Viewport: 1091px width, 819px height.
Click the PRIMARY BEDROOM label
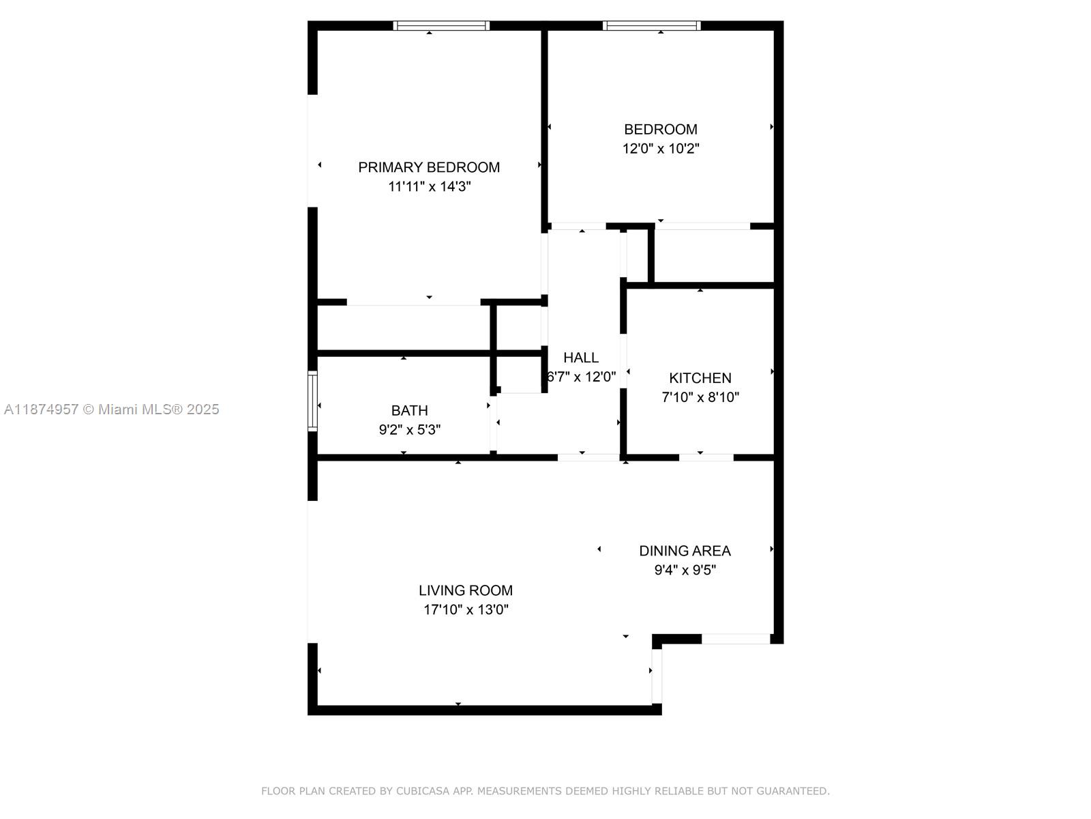coord(429,167)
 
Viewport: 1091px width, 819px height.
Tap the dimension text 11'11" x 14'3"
coord(429,186)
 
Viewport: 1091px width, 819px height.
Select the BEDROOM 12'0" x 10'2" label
coord(660,139)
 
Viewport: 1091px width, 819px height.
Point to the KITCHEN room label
coord(700,378)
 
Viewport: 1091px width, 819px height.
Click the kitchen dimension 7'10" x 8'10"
coord(700,397)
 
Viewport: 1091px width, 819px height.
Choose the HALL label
coord(581,358)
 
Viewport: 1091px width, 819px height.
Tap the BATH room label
coord(409,411)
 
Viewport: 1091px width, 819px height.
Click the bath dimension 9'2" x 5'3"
coord(409,430)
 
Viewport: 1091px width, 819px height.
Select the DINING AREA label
coord(685,551)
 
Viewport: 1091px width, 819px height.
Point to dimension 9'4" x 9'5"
coord(685,570)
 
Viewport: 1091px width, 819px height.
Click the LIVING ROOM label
coord(466,590)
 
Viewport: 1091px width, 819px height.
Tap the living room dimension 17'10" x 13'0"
coord(466,609)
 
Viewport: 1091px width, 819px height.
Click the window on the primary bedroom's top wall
coord(442,26)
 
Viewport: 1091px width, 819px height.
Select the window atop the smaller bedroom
coord(652,26)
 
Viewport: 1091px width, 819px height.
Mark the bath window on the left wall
coord(312,401)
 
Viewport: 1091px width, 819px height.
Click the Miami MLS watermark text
coord(112,409)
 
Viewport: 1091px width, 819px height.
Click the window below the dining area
coord(736,639)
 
